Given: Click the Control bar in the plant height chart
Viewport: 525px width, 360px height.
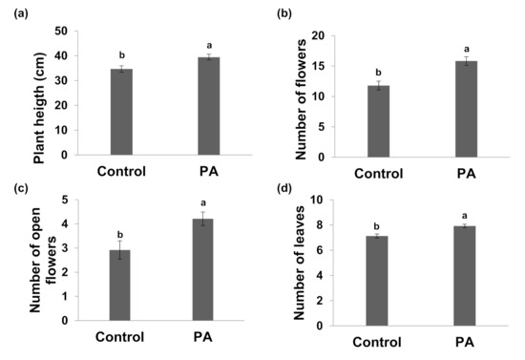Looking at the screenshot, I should coord(121,112).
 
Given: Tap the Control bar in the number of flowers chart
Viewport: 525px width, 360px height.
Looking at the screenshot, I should coord(379,121).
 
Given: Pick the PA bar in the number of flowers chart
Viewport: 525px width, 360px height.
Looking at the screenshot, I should coord(466,109).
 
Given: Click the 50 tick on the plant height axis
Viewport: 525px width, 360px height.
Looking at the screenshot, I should coord(60,31).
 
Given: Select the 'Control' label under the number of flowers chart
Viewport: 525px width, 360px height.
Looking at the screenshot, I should coord(379,175).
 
